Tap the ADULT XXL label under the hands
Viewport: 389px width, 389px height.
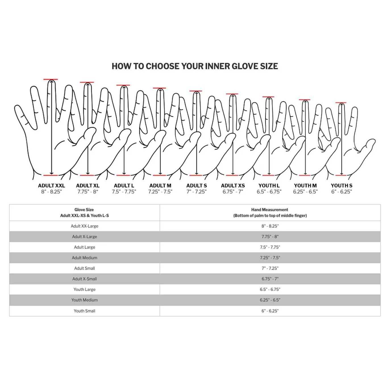tap(51, 186)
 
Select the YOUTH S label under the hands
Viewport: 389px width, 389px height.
tap(341, 186)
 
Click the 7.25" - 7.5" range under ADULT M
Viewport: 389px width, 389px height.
tap(160, 192)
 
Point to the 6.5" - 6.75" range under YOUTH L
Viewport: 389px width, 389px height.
tap(269, 192)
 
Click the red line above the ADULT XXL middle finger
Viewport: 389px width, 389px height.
tap(51, 79)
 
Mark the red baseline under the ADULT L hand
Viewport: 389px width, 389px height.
tap(123, 175)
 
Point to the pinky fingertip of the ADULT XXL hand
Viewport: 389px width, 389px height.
tap(17, 106)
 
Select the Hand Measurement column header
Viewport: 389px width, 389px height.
tap(270, 213)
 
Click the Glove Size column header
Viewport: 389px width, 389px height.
tap(84, 213)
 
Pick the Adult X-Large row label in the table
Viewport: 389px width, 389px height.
tap(84, 237)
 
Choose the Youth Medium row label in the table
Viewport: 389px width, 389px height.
tap(84, 300)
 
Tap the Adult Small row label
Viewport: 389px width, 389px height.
tap(84, 268)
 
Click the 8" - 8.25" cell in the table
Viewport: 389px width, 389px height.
tap(270, 226)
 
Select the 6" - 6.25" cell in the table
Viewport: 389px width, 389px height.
tap(270, 311)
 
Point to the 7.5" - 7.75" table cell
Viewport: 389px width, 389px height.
tap(270, 247)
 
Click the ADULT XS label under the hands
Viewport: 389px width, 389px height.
tap(233, 186)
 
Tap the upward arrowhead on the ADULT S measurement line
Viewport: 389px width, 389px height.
tap(196, 93)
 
